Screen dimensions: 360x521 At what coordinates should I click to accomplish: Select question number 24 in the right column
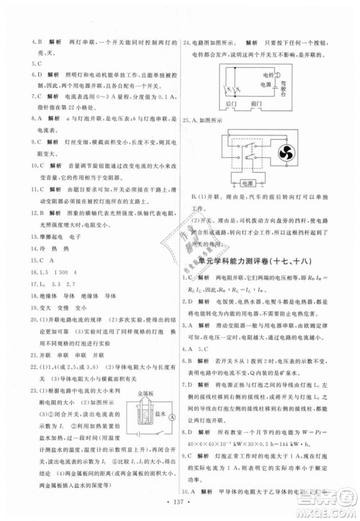[x=188, y=42]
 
